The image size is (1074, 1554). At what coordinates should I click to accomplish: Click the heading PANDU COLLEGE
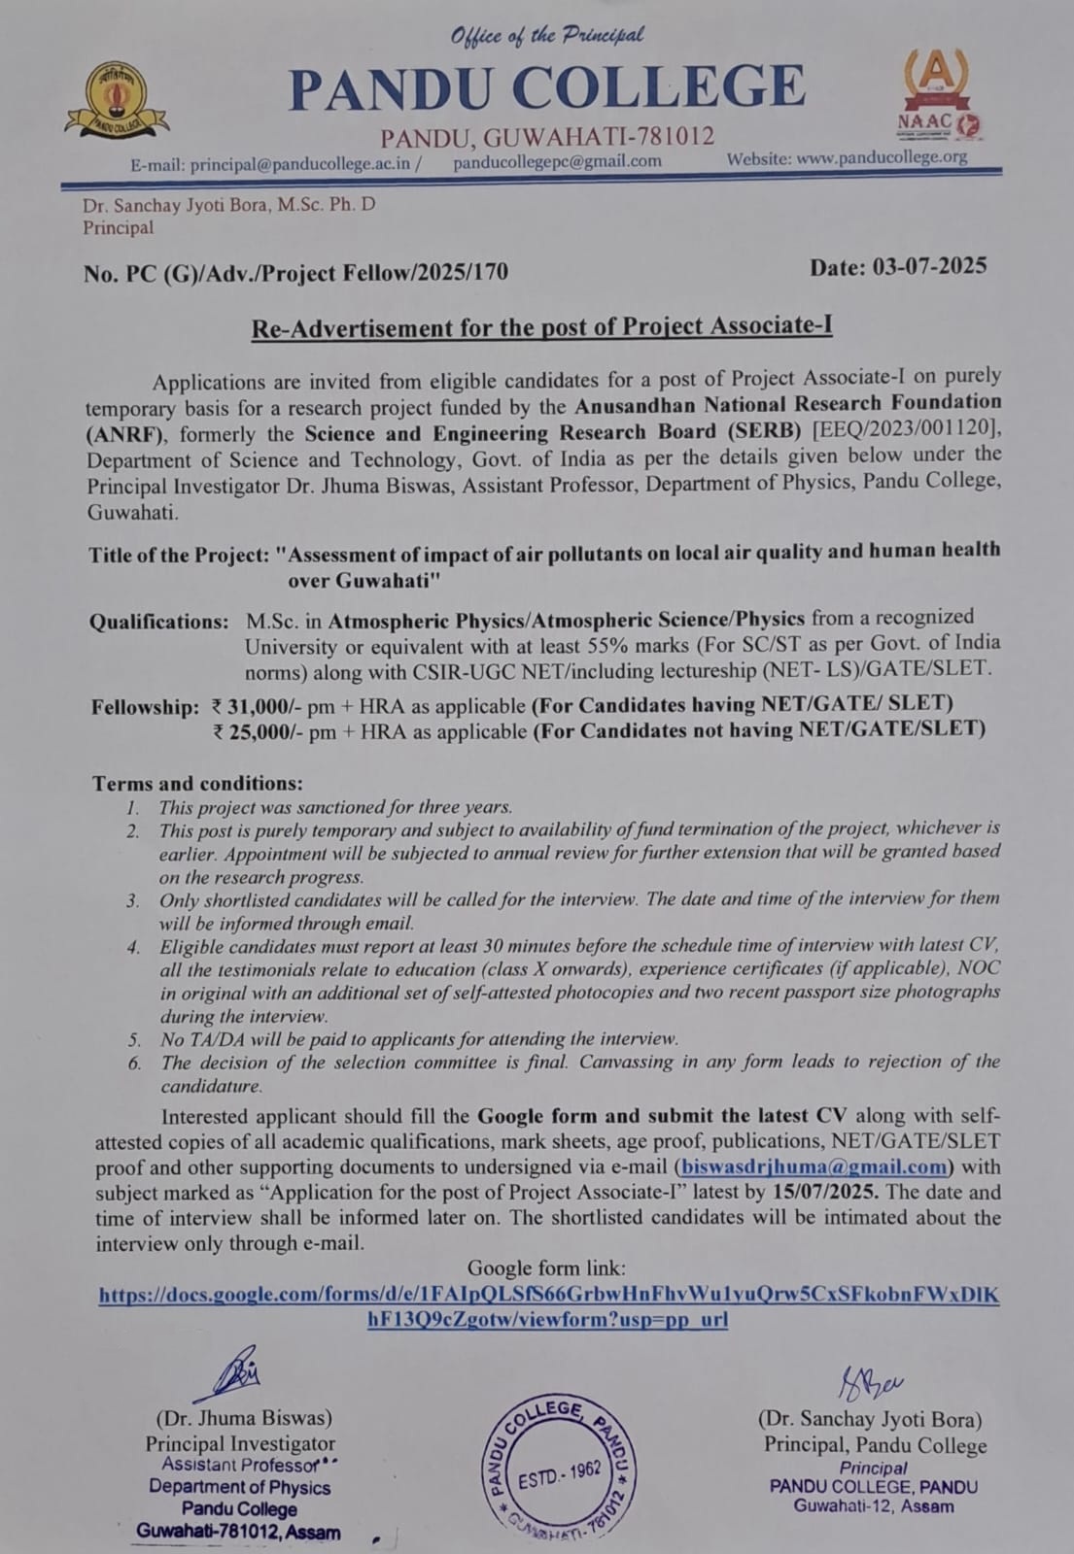pyautogui.click(x=547, y=87)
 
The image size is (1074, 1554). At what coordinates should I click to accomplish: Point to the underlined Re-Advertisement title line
pyautogui.click(x=541, y=327)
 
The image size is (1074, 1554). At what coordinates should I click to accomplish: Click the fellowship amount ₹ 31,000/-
pyautogui.click(x=252, y=706)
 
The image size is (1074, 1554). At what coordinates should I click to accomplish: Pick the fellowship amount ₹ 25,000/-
pyautogui.click(x=252, y=731)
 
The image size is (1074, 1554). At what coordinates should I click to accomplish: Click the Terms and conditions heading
pyautogui.click(x=197, y=783)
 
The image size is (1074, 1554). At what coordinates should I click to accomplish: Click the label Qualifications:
pyautogui.click(x=159, y=622)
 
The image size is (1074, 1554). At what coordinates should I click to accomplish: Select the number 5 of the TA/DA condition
pyautogui.click(x=134, y=1039)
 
